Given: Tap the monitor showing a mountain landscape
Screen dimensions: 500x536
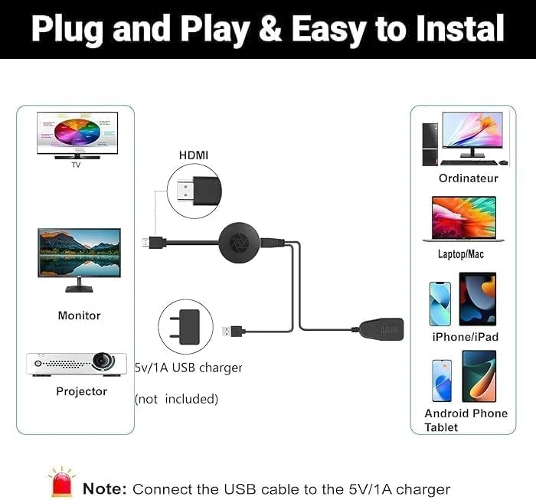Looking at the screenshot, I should pyautogui.click(x=79, y=254).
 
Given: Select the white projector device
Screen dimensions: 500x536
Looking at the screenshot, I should pyautogui.click(x=77, y=362).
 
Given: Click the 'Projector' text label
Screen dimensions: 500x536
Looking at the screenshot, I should pyautogui.click(x=82, y=391).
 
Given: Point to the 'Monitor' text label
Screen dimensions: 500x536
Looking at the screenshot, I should pyautogui.click(x=79, y=315).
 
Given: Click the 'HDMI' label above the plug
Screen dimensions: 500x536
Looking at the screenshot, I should pyautogui.click(x=194, y=155).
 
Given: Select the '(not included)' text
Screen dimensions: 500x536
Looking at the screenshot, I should pyautogui.click(x=177, y=399).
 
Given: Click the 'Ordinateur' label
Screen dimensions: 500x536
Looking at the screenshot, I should pyautogui.click(x=469, y=178).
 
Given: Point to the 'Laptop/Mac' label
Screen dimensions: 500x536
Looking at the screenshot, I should pyautogui.click(x=461, y=254).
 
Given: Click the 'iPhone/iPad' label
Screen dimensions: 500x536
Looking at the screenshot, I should pyautogui.click(x=465, y=337).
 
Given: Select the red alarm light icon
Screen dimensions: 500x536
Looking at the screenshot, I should pyautogui.click(x=62, y=482).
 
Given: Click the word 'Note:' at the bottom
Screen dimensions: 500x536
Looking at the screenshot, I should pyautogui.click(x=104, y=489).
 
